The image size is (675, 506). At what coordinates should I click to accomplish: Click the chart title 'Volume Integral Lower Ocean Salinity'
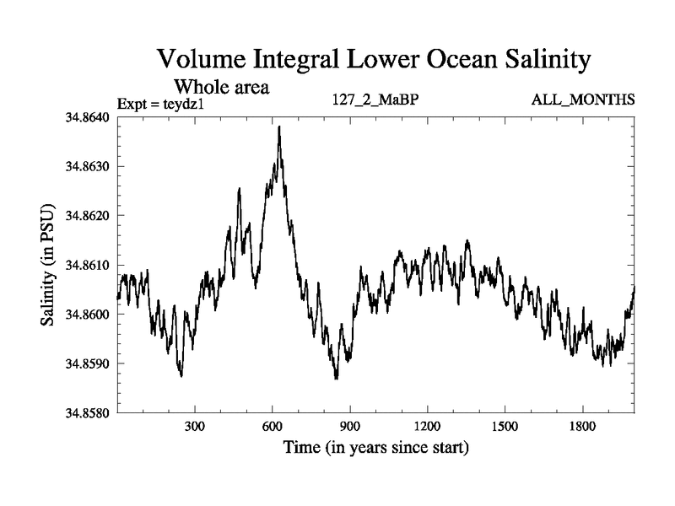pyautogui.click(x=371, y=61)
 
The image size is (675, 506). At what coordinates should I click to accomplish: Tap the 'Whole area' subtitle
pyautogui.click(x=221, y=86)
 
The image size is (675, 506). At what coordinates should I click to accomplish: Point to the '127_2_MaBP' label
pyautogui.click(x=376, y=100)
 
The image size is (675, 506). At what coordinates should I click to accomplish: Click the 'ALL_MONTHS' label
pyautogui.click(x=583, y=100)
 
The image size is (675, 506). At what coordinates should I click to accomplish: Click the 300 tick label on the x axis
pyautogui.click(x=195, y=427)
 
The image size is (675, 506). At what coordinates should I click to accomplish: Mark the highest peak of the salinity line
pyautogui.click(x=278, y=126)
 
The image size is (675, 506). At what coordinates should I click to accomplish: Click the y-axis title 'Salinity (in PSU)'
pyautogui.click(x=49, y=265)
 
